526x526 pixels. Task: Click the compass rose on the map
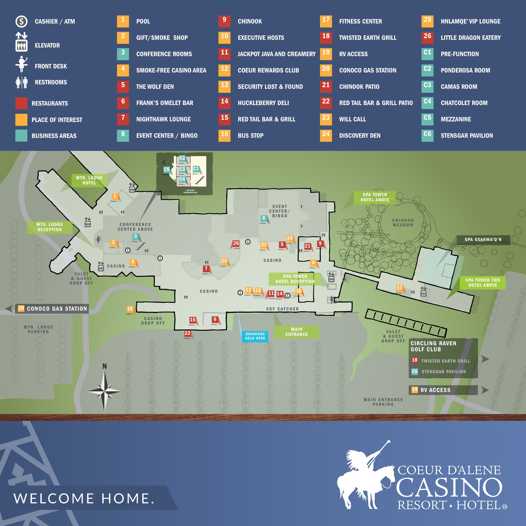pyautogui.click(x=104, y=391)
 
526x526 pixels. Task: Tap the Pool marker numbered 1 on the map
pyautogui.click(x=115, y=196)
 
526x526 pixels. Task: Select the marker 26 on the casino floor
pyautogui.click(x=236, y=243)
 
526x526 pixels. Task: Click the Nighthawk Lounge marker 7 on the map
pyautogui.click(x=206, y=269)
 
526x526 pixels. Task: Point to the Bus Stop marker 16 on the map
pyautogui.click(x=130, y=309)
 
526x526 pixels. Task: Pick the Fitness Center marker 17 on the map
pyautogui.click(x=399, y=288)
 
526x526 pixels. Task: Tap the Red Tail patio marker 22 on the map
pyautogui.click(x=188, y=333)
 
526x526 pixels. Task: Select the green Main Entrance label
pyautogui.click(x=296, y=332)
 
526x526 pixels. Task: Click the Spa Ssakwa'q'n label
pyautogui.click(x=483, y=240)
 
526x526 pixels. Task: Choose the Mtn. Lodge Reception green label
pyautogui.click(x=50, y=227)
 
